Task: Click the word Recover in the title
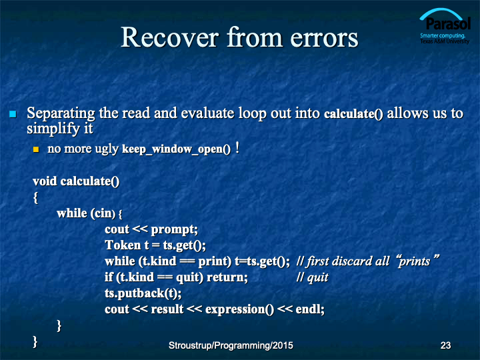pos(170,37)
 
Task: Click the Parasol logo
pos(445,26)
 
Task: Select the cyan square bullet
pos(13,114)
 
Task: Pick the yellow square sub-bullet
pos(36,149)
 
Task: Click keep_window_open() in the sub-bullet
pos(176,149)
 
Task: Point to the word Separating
pos(61,113)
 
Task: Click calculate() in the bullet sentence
pos(353,113)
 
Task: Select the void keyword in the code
pos(45,181)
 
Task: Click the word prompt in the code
pos(173,229)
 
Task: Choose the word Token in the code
pos(123,245)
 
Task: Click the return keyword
pos(226,277)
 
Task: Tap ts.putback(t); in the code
pos(143,293)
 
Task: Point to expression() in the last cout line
pos(240,309)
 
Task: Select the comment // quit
pos(312,277)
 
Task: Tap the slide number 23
pos(445,345)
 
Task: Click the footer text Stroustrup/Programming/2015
pos(231,345)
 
